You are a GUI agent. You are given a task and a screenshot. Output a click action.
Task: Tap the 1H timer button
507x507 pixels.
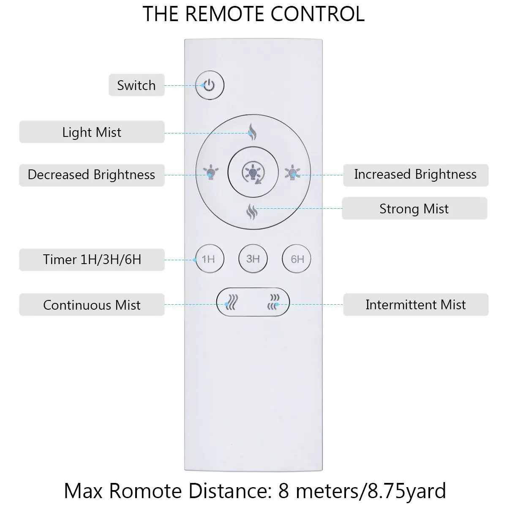coord(209,259)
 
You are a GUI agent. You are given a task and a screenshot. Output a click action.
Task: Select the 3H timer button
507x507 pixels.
coord(253,258)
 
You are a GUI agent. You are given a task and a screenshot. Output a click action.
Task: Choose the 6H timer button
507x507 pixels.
coord(297,259)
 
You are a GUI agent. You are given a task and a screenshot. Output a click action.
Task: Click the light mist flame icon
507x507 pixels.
coord(252,132)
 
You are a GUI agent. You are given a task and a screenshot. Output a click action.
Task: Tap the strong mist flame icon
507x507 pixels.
coord(252,210)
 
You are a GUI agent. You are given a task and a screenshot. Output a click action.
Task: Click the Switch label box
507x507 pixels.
coord(136,85)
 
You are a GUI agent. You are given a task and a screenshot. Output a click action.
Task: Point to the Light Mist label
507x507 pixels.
coord(92,132)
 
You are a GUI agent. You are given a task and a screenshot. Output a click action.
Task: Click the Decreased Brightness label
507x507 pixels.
coord(92,175)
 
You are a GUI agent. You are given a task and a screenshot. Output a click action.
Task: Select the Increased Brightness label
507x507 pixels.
coord(415,174)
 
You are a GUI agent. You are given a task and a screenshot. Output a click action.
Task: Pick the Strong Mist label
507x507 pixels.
coord(414,209)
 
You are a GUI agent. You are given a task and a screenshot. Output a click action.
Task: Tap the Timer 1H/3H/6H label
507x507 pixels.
coord(92,259)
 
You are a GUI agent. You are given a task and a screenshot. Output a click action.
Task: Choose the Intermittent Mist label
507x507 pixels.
coord(416,305)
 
